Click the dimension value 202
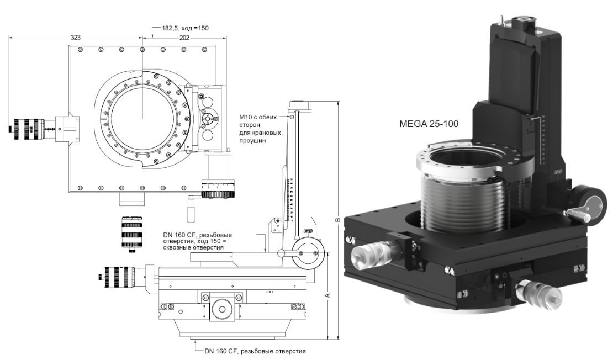pos(184,38)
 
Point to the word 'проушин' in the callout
pos(252,141)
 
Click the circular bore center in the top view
pos(142,118)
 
